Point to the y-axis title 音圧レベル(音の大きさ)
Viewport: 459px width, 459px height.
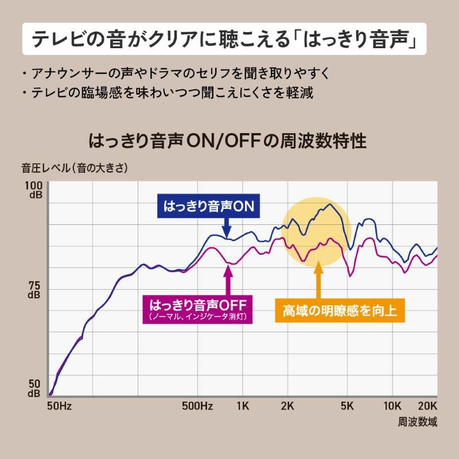(x=75, y=169)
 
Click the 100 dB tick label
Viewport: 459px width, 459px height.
(x=34, y=190)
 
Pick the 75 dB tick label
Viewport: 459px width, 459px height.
(x=34, y=290)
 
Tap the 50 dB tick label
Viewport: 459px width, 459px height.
(x=34, y=388)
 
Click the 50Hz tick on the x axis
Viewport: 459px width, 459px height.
(x=58, y=406)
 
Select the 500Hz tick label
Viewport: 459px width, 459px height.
(x=197, y=406)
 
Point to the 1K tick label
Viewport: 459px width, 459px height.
(x=242, y=406)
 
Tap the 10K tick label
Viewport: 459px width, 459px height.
(x=392, y=406)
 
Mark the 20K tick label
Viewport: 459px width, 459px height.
(x=426, y=406)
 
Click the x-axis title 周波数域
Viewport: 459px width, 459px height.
(x=417, y=422)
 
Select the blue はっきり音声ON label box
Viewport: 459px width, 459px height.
(x=208, y=206)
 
